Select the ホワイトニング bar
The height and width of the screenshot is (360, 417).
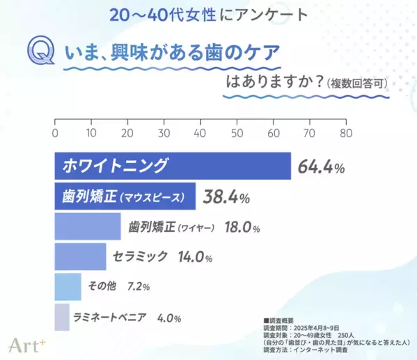tap(173, 166)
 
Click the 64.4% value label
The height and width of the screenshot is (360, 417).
tap(322, 167)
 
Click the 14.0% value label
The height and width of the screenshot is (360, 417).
tap(194, 257)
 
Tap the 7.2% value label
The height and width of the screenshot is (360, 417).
tap(139, 286)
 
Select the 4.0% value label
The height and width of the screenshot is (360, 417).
tap(169, 318)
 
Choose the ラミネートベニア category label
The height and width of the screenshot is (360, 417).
tap(109, 318)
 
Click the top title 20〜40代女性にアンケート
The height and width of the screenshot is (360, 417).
tap(208, 14)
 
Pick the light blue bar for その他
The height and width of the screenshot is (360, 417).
tap(68, 286)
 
